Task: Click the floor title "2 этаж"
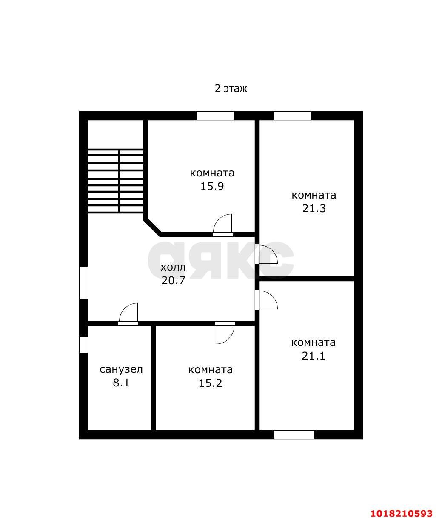click(x=231, y=89)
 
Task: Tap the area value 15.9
click(x=212, y=186)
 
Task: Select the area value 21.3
click(x=314, y=208)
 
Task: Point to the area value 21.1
click(x=314, y=356)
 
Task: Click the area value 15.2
click(x=211, y=383)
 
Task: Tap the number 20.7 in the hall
click(x=173, y=280)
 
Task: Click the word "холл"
click(x=173, y=268)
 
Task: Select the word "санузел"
click(x=121, y=370)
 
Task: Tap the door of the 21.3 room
click(x=266, y=254)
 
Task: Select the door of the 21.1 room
click(x=266, y=299)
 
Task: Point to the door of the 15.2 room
click(x=225, y=333)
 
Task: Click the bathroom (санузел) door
click(x=128, y=314)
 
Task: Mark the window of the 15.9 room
click(x=215, y=116)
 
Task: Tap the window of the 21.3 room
click(x=292, y=116)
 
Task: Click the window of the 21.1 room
click(x=294, y=435)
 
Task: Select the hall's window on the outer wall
click(x=83, y=283)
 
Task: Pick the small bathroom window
click(x=83, y=345)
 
